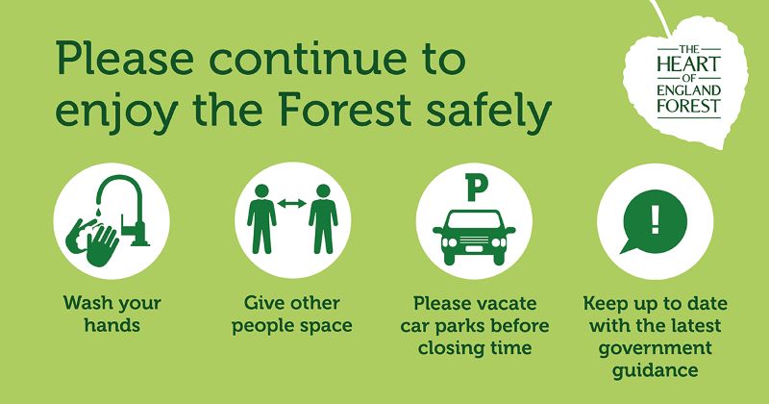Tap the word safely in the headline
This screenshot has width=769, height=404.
pos(489,113)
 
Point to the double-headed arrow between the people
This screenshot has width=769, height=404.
pos(292,203)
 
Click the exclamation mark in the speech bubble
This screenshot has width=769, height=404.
pos(655,218)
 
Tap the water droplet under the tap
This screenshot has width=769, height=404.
pos(99,212)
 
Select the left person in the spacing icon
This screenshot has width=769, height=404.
pos(261,219)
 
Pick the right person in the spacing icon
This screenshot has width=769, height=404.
pos(323,219)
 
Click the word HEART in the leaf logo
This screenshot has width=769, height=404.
pos(689,64)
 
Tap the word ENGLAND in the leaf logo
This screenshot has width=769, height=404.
pos(689,90)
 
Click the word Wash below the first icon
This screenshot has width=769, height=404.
pos(86,302)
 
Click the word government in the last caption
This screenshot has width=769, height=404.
pos(656,349)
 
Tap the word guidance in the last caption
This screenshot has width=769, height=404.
pos(656,370)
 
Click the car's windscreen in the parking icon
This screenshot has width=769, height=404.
pos(474,221)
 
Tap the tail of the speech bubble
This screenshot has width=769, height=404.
pos(628,247)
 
